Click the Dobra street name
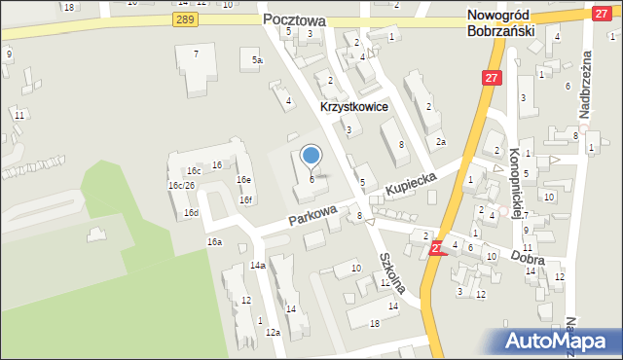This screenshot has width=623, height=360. point(526,260)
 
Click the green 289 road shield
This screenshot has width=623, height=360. point(185,19)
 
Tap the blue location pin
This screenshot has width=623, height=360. point(311,156)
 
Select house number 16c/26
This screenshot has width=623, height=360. point(182,185)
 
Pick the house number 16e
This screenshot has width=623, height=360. point(243,180)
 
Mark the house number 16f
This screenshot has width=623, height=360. point(246,200)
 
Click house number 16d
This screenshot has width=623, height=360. point(192,212)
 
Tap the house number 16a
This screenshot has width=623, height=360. point(214,241)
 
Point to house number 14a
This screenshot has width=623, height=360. point(258,266)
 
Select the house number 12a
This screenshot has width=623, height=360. point(273,333)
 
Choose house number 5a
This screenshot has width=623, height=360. point(257,60)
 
